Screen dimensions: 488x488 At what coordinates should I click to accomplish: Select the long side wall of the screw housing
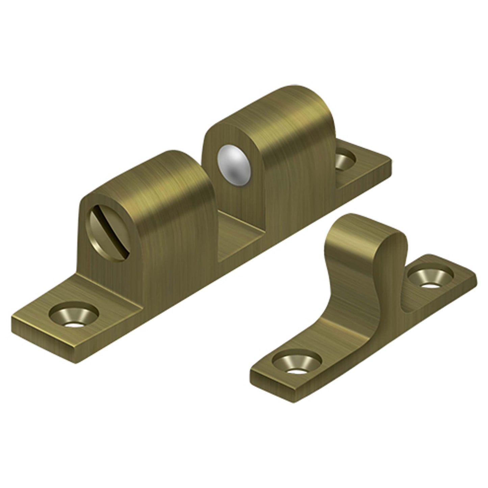[x=179, y=253]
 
